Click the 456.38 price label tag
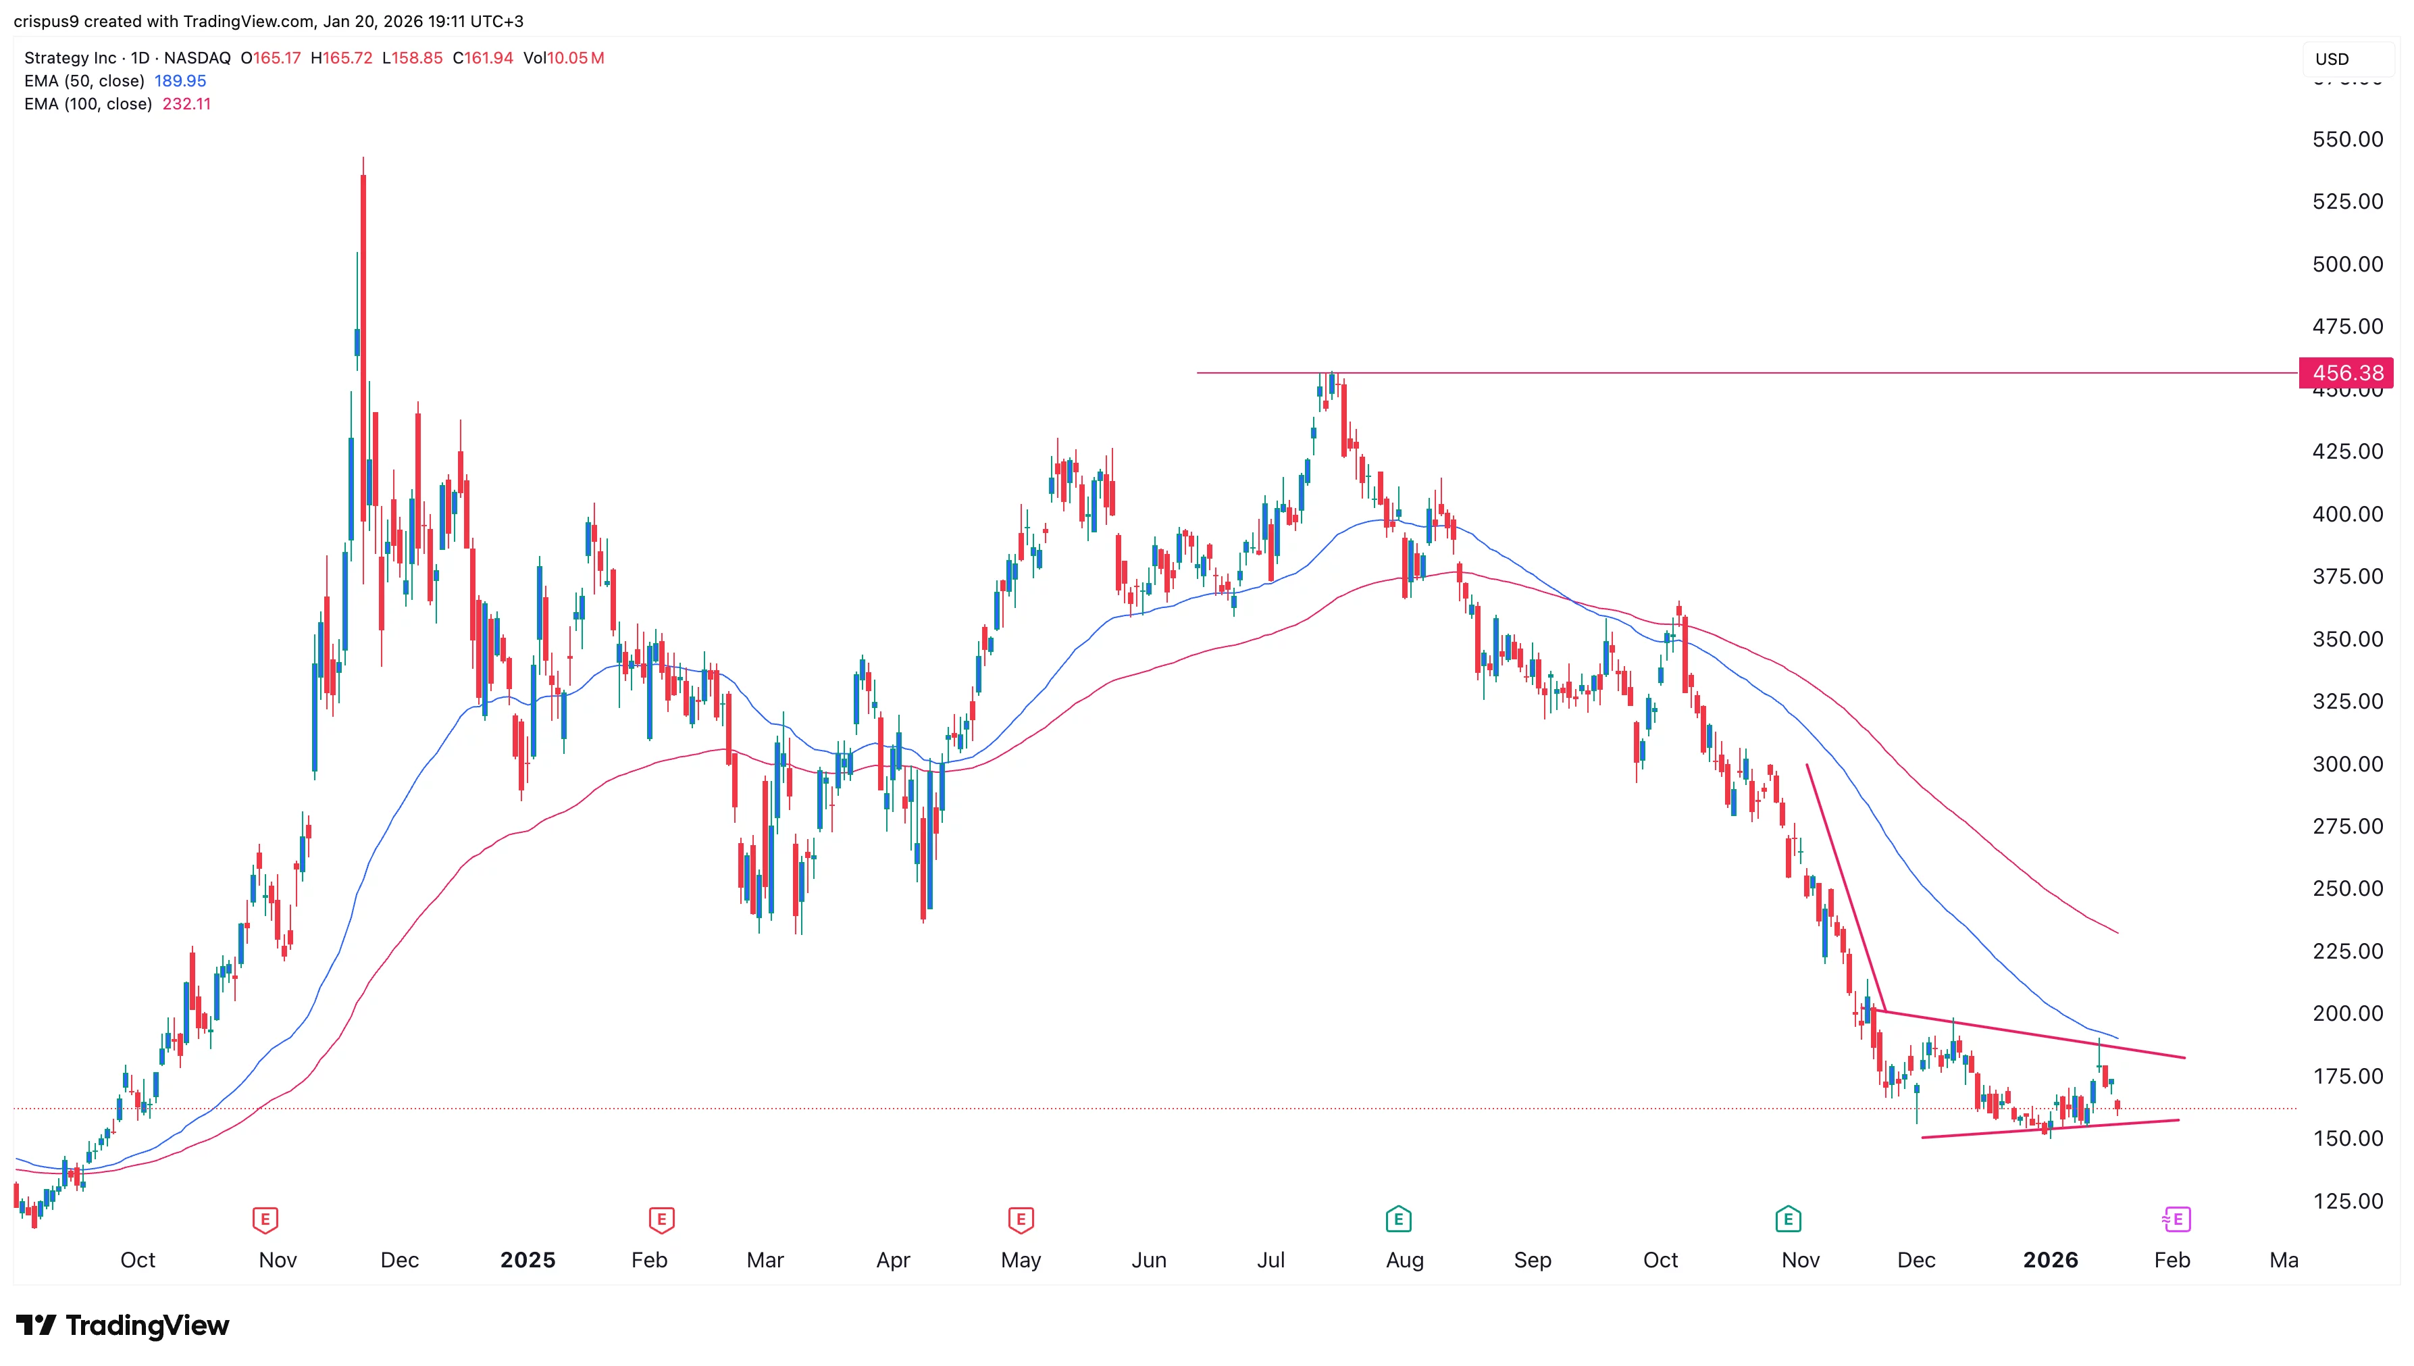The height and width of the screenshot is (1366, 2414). click(x=2346, y=372)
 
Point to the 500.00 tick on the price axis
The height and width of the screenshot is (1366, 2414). click(x=2346, y=263)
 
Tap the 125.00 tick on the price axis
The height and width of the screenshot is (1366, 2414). click(x=2346, y=1201)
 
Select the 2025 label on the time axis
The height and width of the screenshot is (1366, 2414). click(x=527, y=1260)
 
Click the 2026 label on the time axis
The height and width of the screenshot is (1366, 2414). click(x=2049, y=1260)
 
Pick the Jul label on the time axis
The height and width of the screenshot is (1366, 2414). click(x=1270, y=1260)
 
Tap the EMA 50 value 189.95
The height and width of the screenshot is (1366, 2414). click(x=180, y=80)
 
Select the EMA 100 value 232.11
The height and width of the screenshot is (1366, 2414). click(x=186, y=104)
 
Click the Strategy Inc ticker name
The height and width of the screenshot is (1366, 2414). click(x=70, y=58)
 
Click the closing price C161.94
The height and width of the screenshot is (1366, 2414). click(x=483, y=58)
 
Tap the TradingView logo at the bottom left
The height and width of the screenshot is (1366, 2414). click(x=123, y=1325)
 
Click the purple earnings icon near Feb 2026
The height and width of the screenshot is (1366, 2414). click(x=2175, y=1219)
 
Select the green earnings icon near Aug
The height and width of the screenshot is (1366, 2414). click(x=1397, y=1219)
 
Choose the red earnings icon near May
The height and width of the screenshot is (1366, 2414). click(x=1021, y=1219)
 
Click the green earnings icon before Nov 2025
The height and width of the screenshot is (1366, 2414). click(x=1787, y=1219)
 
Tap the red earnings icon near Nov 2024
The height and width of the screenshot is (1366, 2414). click(x=265, y=1219)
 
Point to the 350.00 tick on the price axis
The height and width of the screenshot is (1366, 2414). click(x=2346, y=639)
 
